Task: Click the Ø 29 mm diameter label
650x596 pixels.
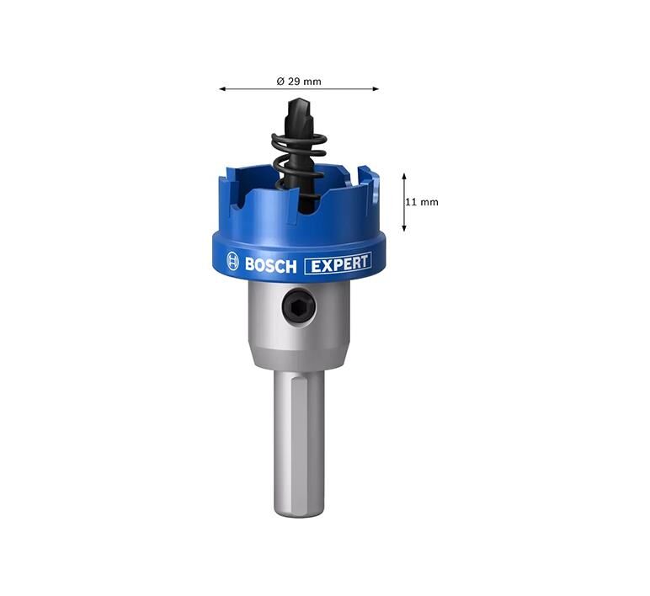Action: coord(298,82)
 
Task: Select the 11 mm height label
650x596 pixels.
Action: coord(422,202)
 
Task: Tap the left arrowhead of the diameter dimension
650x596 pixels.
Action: coord(222,88)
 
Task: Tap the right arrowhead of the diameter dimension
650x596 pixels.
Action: coord(376,88)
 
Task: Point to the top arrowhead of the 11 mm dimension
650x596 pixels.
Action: coord(404,177)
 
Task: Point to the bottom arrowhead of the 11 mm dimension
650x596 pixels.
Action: coord(404,227)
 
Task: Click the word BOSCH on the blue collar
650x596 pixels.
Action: coord(271,265)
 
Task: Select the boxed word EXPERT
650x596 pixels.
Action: coord(338,263)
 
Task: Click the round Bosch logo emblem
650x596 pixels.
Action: coord(233,262)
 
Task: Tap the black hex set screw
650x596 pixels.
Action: coord(298,306)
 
